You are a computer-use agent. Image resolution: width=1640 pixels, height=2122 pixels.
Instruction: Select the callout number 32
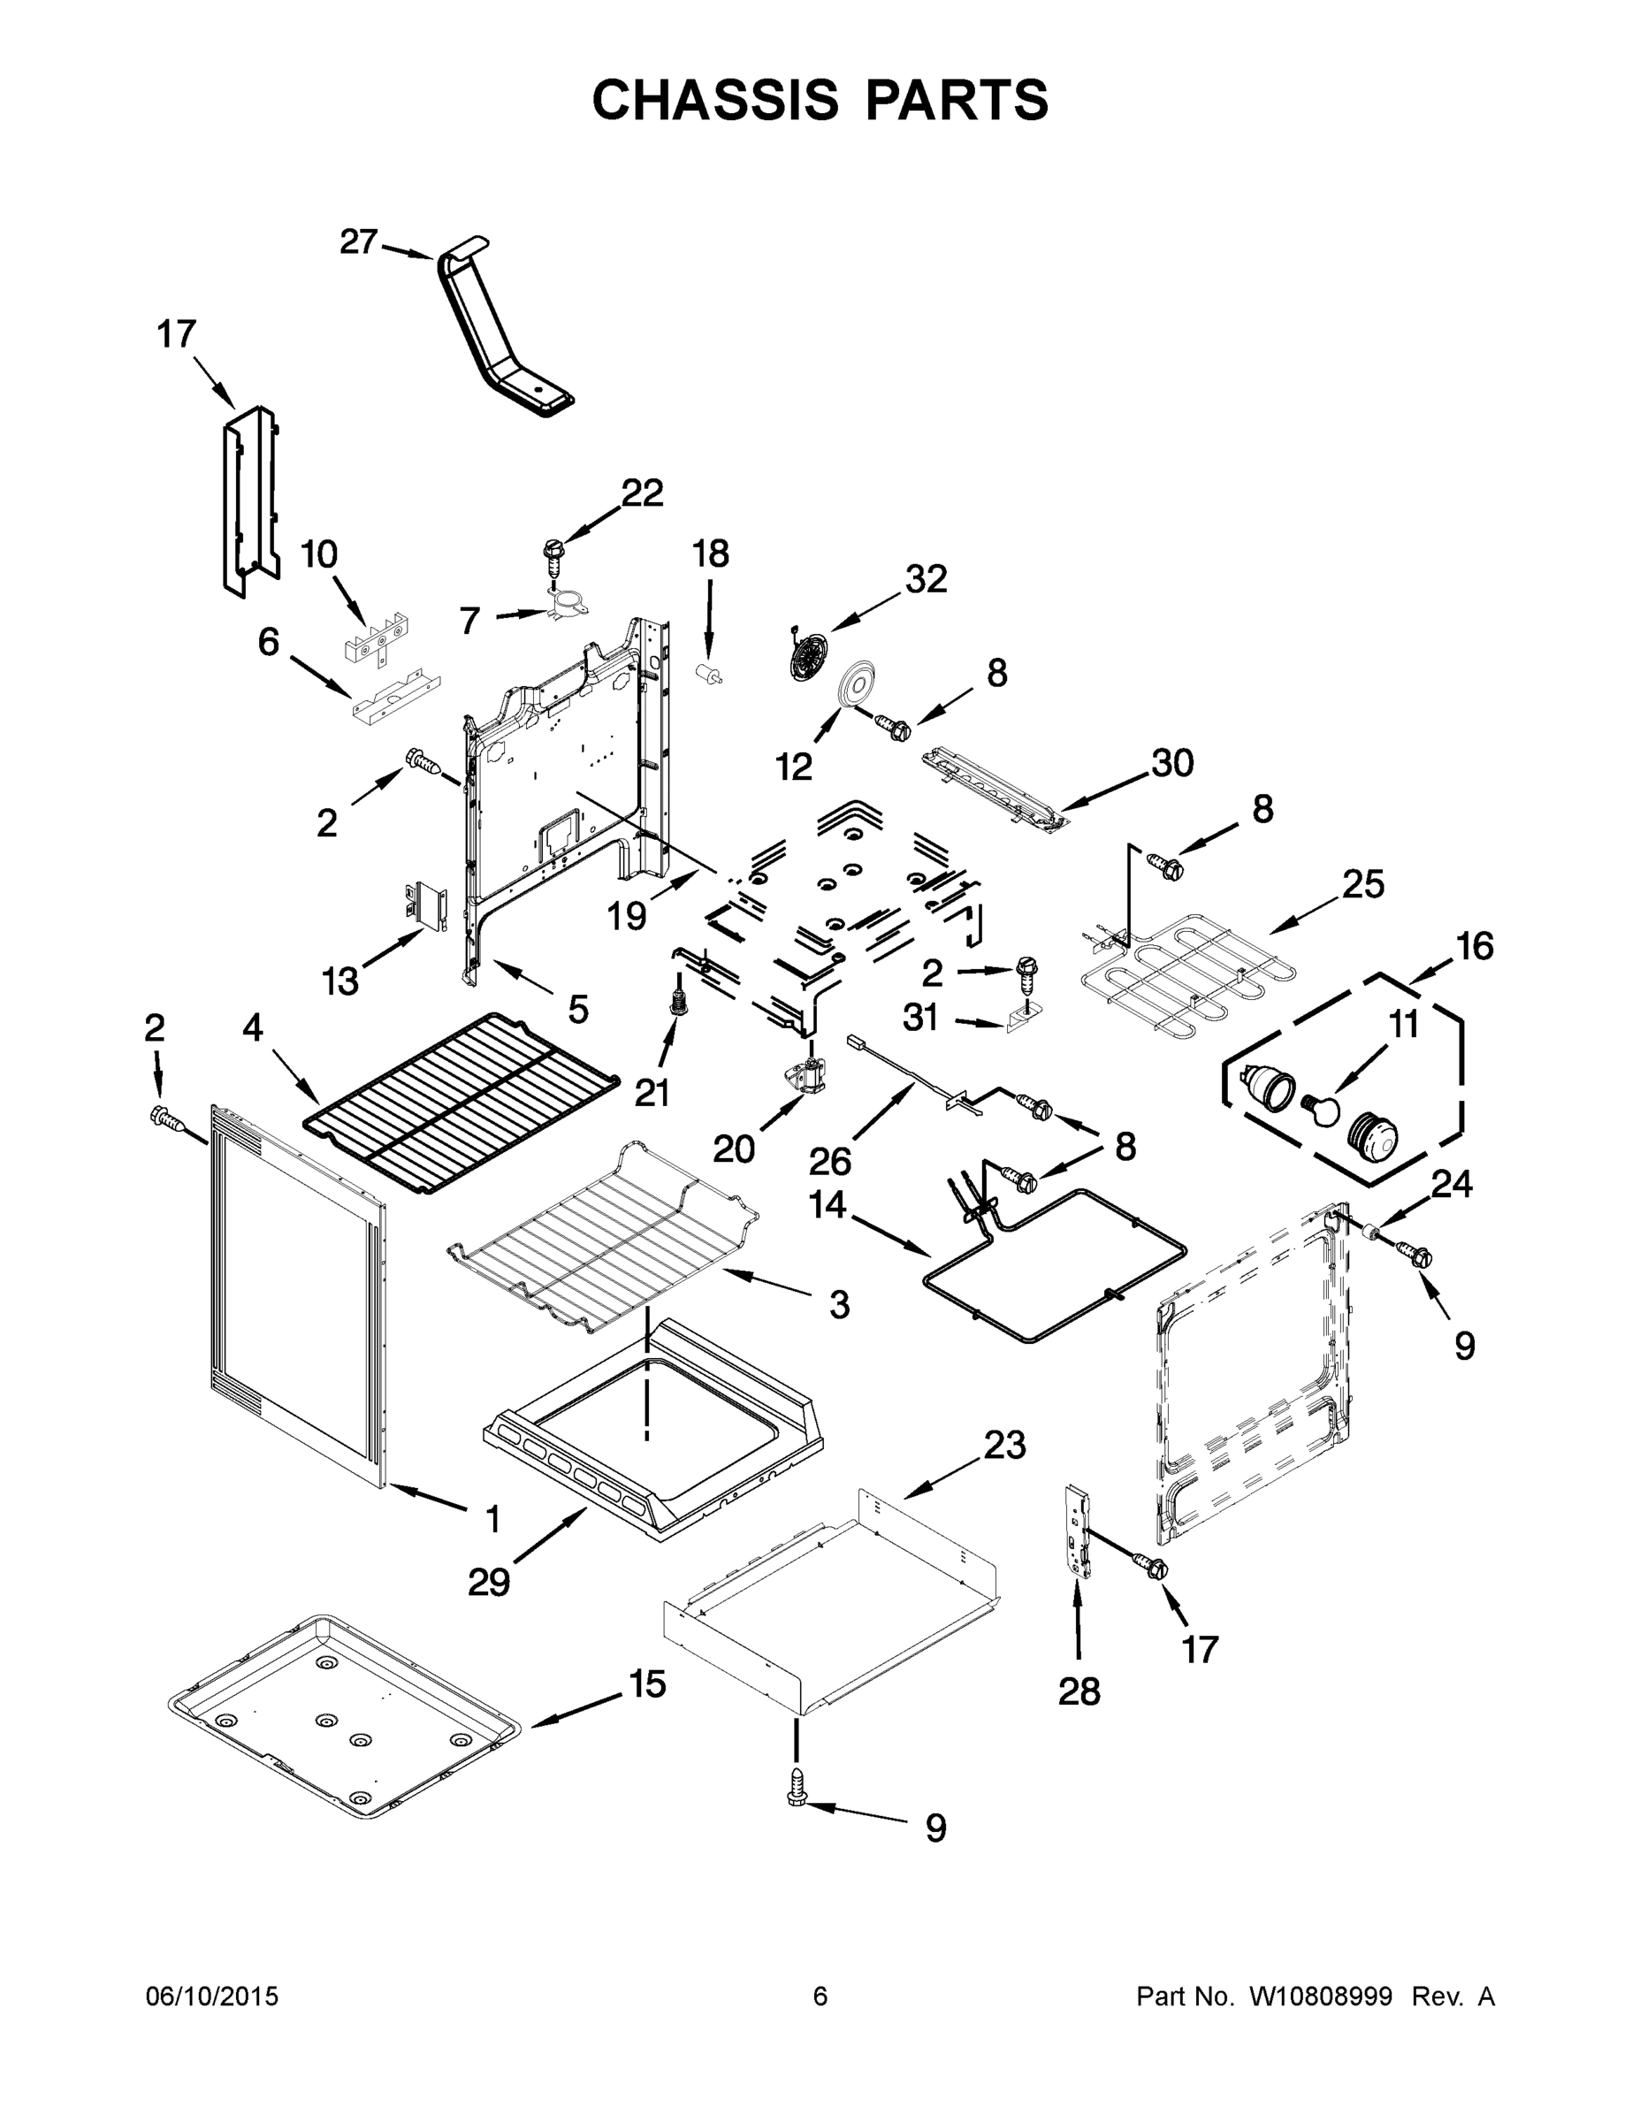925,579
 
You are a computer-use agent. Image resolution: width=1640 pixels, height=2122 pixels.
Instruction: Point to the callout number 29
489,1582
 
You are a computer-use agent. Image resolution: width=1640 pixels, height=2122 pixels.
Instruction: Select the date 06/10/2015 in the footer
212,1996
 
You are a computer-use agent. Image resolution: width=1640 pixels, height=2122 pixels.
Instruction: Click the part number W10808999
1319,1996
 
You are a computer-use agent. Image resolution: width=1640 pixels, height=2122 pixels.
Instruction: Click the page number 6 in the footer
820,1996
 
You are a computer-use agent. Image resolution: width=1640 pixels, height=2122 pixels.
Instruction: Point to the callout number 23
1003,1445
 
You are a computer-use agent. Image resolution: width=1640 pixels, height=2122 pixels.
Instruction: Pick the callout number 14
828,1205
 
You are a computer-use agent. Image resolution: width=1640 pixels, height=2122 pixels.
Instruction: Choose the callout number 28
1079,1691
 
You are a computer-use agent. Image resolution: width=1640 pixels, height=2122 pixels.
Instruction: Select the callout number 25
1363,884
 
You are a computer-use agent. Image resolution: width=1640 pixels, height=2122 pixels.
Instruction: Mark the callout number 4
253,1028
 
